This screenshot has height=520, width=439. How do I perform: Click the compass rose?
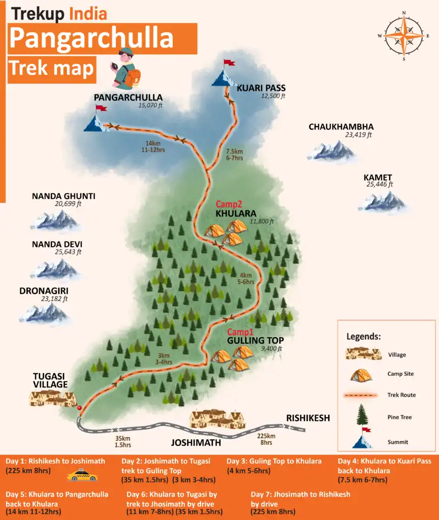[x=404, y=36]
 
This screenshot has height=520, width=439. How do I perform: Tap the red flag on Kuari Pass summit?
[x=230, y=63]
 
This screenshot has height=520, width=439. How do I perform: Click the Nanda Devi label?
[x=57, y=244]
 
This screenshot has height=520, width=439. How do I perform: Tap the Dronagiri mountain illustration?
[x=44, y=313]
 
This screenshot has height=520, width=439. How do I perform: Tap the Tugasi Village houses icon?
[x=53, y=399]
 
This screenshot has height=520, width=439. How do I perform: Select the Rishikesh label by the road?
[x=308, y=418]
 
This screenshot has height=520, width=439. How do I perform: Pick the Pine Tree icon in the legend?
[x=362, y=415]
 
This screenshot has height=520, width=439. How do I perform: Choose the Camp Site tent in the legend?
[x=362, y=374]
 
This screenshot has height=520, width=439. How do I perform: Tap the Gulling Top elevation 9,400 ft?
[x=271, y=349]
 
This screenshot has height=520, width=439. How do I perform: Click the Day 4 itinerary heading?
[x=384, y=461]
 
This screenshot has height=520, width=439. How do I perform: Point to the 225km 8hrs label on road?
[x=266, y=439]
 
